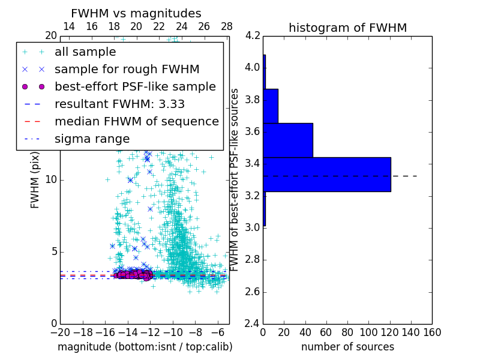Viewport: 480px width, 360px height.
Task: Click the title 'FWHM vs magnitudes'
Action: (x=136, y=13)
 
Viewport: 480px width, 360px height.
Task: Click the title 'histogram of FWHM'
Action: (x=347, y=28)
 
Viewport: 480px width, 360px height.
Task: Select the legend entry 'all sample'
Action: (x=85, y=52)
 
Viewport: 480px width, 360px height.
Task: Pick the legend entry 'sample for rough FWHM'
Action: (x=127, y=70)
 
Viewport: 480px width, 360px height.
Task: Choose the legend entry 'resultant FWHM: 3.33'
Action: (x=119, y=104)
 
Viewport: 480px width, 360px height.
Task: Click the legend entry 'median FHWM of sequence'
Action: (x=136, y=121)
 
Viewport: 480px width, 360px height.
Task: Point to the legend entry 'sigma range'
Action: (x=92, y=139)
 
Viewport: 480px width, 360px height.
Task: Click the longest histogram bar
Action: (x=326, y=175)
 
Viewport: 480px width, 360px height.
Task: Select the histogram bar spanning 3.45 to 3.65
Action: (x=288, y=140)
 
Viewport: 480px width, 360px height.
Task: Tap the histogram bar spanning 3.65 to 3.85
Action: (x=271, y=106)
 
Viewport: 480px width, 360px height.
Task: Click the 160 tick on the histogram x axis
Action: (x=431, y=332)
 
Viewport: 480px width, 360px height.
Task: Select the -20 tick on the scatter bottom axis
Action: (x=60, y=332)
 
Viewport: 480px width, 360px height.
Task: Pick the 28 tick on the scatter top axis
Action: (x=227, y=26)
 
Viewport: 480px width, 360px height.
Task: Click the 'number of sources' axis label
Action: (x=347, y=347)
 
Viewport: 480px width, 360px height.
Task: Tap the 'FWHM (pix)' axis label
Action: (x=35, y=180)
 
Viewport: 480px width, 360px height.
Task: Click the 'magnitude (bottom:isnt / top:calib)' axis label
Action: (x=145, y=347)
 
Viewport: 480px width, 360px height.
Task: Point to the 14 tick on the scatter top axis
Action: (x=69, y=26)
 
